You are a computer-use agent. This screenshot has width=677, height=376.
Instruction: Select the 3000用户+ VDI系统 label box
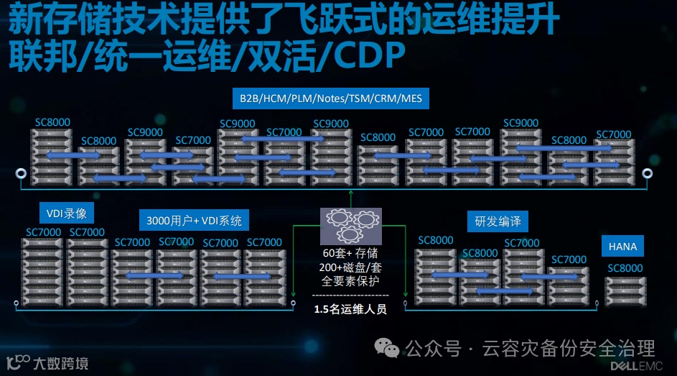point(194,221)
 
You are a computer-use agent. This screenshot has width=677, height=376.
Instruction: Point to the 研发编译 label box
point(497,221)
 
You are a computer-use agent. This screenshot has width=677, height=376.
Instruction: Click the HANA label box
point(622,247)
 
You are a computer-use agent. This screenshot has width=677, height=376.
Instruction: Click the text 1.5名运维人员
point(350,309)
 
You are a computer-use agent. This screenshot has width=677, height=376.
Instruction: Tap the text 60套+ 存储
point(350,254)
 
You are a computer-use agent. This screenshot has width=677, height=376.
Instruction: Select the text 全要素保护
point(350,280)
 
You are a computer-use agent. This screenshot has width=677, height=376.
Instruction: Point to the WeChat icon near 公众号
point(389,349)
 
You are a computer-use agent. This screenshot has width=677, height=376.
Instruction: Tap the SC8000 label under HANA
point(625,268)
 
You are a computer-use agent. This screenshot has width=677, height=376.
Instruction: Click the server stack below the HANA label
point(625,291)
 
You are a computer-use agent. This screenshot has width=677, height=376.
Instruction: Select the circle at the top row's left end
point(20,175)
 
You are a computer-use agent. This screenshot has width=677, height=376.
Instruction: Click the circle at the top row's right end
point(647,173)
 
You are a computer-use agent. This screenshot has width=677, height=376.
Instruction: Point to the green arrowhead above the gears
point(350,193)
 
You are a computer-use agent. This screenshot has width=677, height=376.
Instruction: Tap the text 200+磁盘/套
point(350,267)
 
